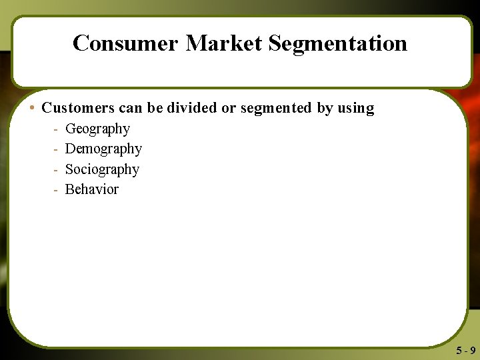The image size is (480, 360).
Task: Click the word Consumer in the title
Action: [126, 43]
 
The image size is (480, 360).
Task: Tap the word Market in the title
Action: [224, 43]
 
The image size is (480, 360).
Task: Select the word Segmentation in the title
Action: [338, 43]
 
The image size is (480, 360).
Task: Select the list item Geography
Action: [97, 129]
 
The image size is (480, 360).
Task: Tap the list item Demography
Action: [103, 149]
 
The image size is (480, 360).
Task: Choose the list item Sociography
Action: [102, 169]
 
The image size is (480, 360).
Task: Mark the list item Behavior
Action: [92, 189]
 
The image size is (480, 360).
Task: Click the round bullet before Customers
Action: [33, 108]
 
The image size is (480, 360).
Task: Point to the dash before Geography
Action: [55, 129]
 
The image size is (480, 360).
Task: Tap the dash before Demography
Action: [55, 149]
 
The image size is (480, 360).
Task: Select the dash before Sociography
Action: [55, 170]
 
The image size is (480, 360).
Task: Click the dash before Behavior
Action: [55, 190]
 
